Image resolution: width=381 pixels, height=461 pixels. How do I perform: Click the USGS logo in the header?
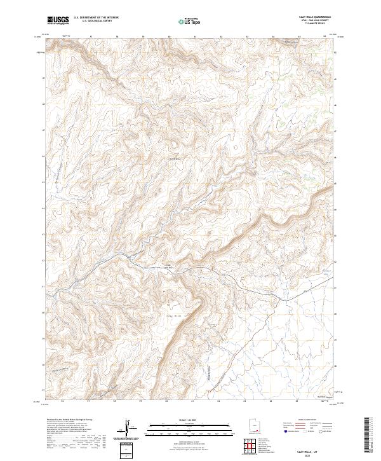point(58,20)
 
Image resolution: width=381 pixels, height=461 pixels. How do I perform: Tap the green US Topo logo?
point(190,21)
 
